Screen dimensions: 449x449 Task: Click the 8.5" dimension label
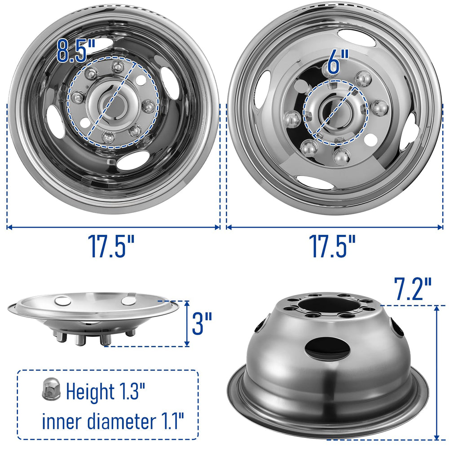point(75,51)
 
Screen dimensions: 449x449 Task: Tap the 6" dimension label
point(338,62)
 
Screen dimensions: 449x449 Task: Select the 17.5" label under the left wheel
point(111,246)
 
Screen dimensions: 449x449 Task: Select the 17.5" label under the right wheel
point(332,246)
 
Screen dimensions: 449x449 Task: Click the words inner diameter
point(98,421)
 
